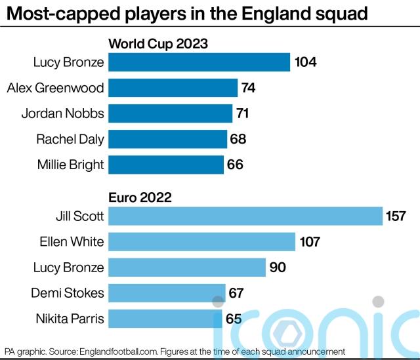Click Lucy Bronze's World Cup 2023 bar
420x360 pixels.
tap(199, 62)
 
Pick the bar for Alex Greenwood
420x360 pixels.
tap(173, 88)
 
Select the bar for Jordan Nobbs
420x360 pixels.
tap(170, 113)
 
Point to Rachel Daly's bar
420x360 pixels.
tap(167, 139)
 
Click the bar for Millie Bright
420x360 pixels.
tap(166, 165)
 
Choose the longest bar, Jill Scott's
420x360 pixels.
tap(245, 216)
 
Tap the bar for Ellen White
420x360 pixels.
tap(201, 242)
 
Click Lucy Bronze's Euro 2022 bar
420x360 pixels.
tap(186, 268)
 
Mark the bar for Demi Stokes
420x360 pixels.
tap(167, 293)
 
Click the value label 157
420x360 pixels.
tap(396, 216)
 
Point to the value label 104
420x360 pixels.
tap(306, 62)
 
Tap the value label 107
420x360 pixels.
tap(308, 242)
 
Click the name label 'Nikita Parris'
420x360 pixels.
tap(70, 319)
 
